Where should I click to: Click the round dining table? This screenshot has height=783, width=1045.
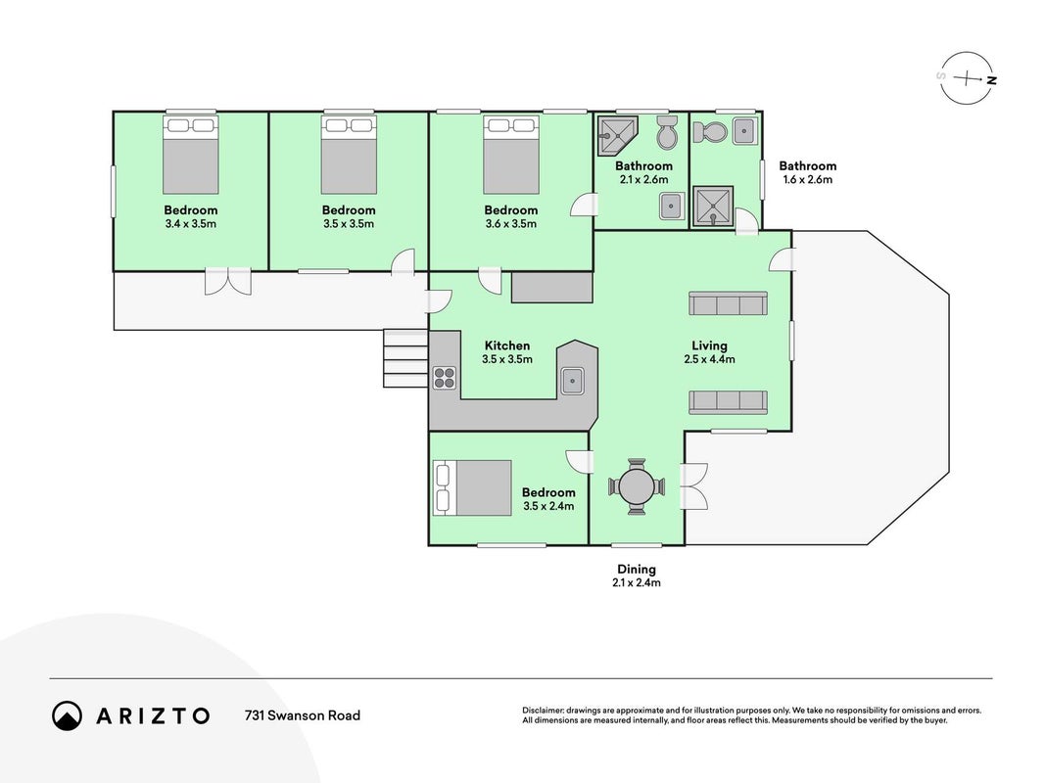[637, 486]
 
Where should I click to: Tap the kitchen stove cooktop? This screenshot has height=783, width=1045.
[444, 378]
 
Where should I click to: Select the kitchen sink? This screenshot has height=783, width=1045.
[572, 381]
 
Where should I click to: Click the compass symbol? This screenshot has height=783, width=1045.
[967, 78]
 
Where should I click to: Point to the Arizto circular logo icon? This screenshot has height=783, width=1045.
[67, 715]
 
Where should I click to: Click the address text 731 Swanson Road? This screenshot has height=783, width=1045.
[303, 715]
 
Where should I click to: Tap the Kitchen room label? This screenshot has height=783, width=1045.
[507, 345]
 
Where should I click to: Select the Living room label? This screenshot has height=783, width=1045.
[709, 345]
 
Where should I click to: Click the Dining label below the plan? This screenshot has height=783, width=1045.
[637, 570]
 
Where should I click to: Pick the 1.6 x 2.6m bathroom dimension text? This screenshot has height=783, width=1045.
[808, 180]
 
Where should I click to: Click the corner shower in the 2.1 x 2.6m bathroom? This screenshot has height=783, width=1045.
[617, 135]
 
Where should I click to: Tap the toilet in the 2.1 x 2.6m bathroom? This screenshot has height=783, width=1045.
[666, 132]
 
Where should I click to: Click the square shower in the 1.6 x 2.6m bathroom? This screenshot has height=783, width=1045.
[712, 206]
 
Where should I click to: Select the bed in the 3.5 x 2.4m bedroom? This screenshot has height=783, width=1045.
[472, 488]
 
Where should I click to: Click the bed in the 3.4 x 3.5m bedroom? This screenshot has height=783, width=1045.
[191, 156]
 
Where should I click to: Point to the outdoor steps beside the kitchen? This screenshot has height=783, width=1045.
[405, 359]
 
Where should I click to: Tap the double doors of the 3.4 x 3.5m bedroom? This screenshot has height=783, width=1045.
[228, 281]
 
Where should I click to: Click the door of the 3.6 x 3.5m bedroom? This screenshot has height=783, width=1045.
[583, 204]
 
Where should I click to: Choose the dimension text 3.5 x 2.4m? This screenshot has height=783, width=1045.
[548, 506]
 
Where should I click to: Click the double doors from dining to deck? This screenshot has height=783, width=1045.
[693, 486]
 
